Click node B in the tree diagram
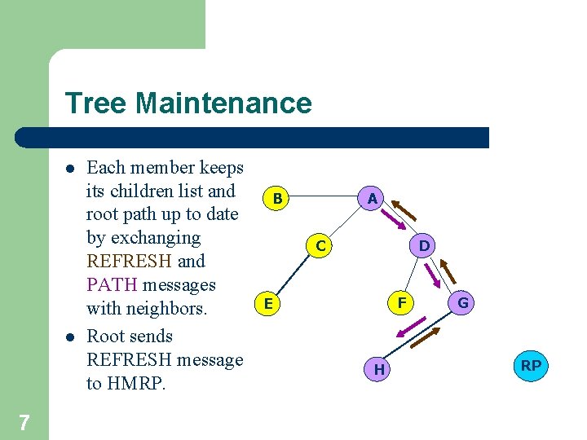(278, 198)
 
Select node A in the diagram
(372, 198)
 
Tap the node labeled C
(320, 245)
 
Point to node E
(267, 304)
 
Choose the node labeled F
(402, 303)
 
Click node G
(463, 304)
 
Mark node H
(379, 370)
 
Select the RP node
(531, 366)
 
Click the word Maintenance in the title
(223, 103)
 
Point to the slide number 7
(24, 422)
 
